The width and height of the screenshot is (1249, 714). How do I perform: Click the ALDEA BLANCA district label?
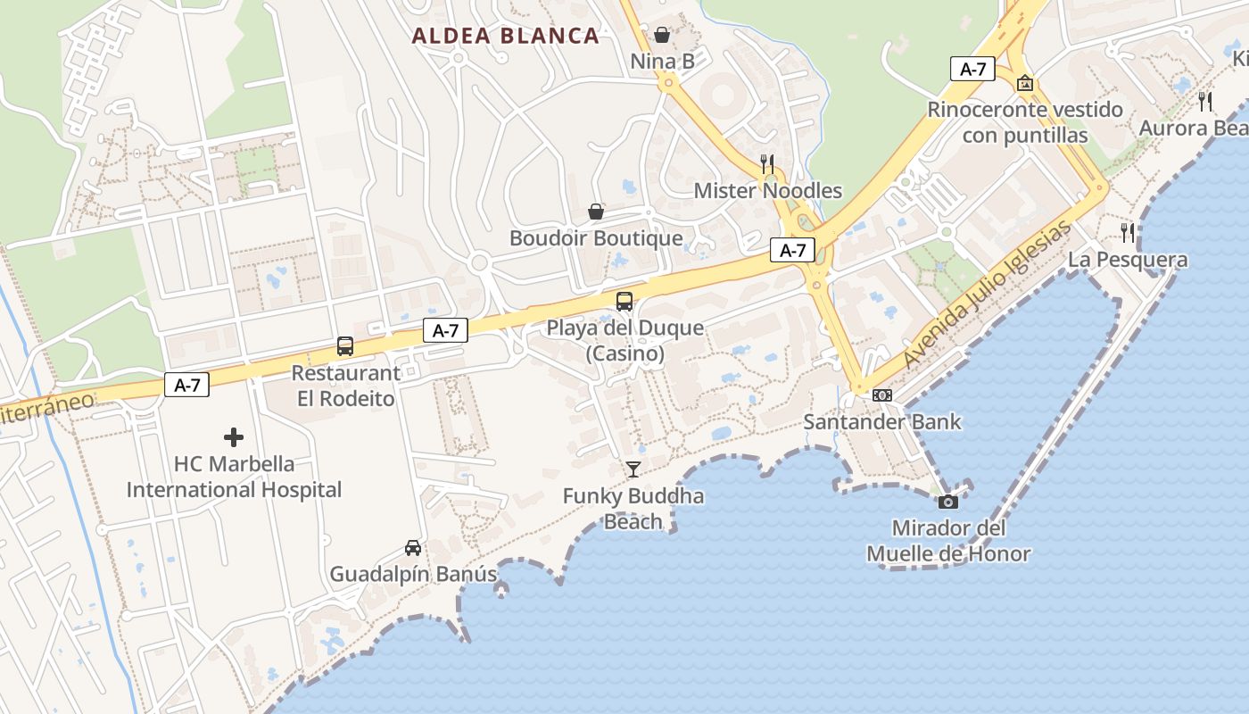(505, 36)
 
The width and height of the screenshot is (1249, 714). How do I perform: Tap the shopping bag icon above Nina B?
(662, 35)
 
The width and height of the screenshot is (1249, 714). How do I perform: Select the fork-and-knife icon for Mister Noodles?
(766, 163)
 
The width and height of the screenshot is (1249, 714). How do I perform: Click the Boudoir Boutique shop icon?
(596, 212)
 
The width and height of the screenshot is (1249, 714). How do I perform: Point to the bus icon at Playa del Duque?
(624, 301)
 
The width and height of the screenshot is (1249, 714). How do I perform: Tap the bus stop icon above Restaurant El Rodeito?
(345, 346)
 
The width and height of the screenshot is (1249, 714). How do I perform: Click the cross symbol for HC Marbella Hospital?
(234, 437)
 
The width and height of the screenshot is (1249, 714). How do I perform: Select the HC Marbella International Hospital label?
(234, 477)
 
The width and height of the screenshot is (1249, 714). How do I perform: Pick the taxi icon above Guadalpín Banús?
(412, 547)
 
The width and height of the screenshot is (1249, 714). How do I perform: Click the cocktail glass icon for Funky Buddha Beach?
(633, 469)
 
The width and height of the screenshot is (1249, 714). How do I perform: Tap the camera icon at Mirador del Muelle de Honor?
(948, 502)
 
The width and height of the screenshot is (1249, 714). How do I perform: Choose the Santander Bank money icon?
(882, 394)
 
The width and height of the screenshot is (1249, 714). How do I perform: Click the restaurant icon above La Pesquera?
(1128, 233)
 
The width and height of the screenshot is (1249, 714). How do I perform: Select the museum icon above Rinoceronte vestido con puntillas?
(1025, 83)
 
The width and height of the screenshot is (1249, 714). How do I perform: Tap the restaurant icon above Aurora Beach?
(1205, 101)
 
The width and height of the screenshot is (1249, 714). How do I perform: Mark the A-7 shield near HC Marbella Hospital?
(186, 386)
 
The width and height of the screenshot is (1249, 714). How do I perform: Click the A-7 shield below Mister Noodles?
(792, 251)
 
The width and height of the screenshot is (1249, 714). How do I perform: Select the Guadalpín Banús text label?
(413, 574)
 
